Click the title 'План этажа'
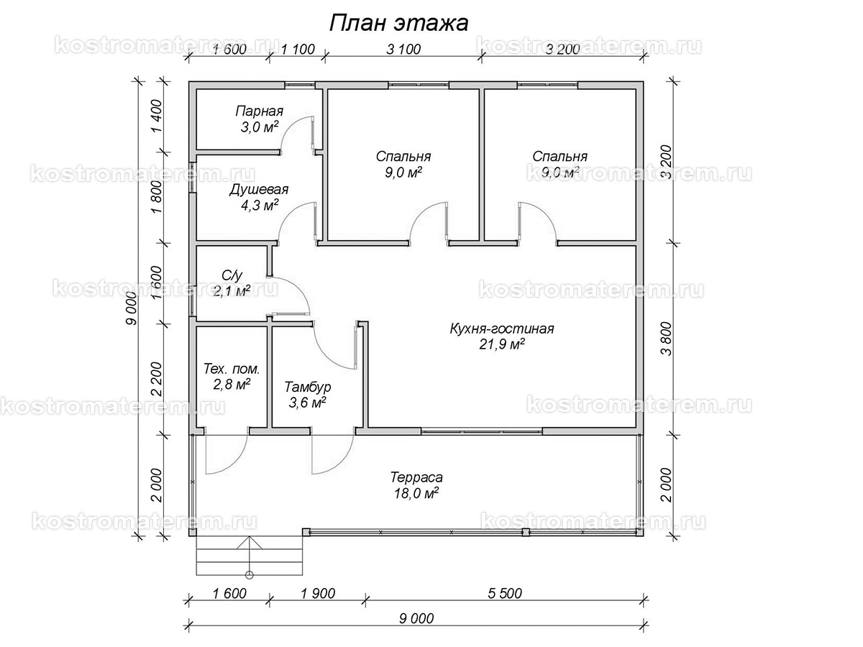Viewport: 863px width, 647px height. click(x=398, y=23)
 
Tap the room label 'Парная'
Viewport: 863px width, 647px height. click(x=259, y=111)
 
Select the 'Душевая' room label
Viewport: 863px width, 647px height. click(x=259, y=190)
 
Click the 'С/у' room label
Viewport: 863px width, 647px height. click(x=232, y=276)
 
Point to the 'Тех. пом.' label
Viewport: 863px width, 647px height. click(x=232, y=369)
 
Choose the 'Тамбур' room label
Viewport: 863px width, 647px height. click(x=308, y=387)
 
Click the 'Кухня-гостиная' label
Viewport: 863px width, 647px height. click(x=502, y=329)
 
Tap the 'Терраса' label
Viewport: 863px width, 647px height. click(x=416, y=477)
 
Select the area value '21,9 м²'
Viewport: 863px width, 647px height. click(x=502, y=344)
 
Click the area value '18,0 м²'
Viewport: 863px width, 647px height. click(x=416, y=493)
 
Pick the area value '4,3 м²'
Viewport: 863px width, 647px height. click(x=260, y=205)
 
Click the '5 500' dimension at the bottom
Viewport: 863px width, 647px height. click(x=505, y=593)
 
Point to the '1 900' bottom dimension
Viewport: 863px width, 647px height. click(x=318, y=593)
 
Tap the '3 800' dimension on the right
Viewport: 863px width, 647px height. click(x=667, y=339)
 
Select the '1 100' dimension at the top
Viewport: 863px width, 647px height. click(x=298, y=49)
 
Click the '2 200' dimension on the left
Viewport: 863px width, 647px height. click(x=156, y=379)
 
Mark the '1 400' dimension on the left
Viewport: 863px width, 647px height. click(x=156, y=116)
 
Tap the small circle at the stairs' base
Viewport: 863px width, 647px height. click(x=250, y=576)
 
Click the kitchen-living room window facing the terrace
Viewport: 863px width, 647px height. click(x=482, y=431)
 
